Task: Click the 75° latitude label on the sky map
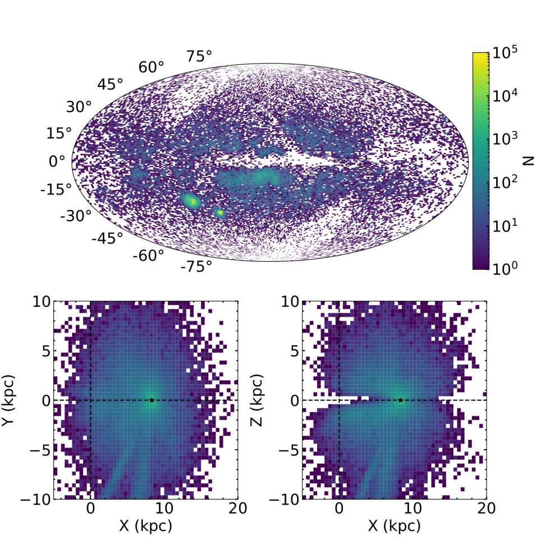pos(200,56)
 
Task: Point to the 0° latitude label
pos(57,161)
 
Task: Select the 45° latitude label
pos(110,85)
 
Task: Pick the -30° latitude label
pos(76,216)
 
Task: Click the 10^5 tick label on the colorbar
pos(504,53)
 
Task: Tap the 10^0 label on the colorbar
pos(503,270)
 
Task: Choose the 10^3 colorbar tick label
pos(503,140)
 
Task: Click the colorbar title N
pos(528,161)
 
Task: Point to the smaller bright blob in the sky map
pos(219,213)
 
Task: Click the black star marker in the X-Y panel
pos(152,400)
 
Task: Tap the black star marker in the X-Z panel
pos(400,400)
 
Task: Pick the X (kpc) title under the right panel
pos(394,526)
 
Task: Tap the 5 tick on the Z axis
pos(293,351)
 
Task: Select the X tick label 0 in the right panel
pos(339,509)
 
